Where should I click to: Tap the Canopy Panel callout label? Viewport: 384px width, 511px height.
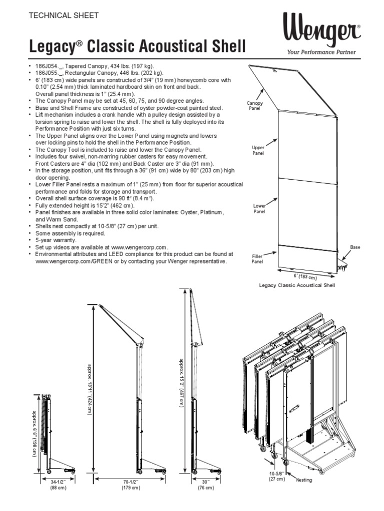click(254, 105)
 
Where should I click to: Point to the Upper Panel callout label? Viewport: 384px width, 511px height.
click(258, 150)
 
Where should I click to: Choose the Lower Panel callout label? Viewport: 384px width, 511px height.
click(259, 208)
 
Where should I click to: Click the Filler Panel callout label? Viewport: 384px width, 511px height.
click(257, 258)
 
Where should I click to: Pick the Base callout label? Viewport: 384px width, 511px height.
click(355, 247)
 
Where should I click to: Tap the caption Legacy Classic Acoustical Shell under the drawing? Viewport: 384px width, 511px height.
click(296, 285)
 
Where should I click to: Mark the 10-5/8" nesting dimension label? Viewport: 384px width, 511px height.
click(276, 476)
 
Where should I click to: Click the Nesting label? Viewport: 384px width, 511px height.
click(303, 480)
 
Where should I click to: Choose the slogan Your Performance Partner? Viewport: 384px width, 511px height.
click(321, 52)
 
